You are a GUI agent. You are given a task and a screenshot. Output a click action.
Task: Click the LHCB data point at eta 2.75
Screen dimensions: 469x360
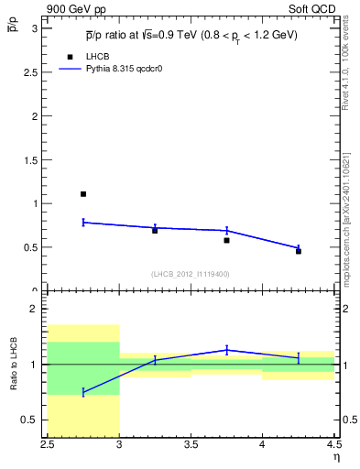tap(83, 194)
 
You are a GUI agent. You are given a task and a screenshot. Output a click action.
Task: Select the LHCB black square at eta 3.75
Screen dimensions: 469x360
tap(226, 240)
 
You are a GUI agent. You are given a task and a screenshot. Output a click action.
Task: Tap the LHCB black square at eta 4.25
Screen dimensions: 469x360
tap(299, 251)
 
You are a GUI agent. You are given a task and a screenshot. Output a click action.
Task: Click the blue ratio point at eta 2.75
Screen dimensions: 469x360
tap(83, 392)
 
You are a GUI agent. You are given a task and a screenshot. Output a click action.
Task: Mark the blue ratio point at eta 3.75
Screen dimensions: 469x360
tap(226, 350)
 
